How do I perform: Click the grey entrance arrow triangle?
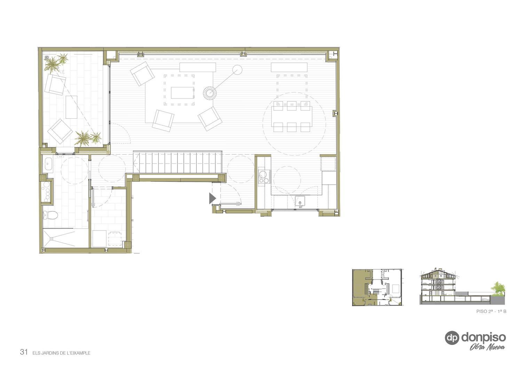(x=212, y=198)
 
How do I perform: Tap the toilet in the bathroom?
(x=50, y=215)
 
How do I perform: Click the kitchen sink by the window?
(x=300, y=202)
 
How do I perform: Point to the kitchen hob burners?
(x=264, y=177)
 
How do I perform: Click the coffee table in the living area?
(x=182, y=93)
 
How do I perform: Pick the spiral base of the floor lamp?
(x=209, y=93)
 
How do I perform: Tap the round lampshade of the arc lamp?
(x=237, y=70)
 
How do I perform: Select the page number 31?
(x=24, y=352)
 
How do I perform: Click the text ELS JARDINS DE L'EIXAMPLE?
(x=62, y=353)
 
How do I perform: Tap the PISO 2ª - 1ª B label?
(x=491, y=311)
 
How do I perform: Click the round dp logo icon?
(x=452, y=338)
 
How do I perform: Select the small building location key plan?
(x=378, y=288)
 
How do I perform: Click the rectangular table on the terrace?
(x=71, y=107)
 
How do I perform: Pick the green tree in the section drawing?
(x=498, y=289)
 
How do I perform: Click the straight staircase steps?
(x=177, y=163)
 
